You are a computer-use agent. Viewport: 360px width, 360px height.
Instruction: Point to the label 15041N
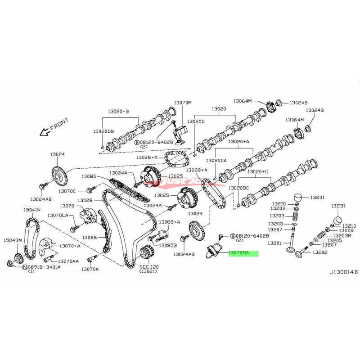tap(32, 210)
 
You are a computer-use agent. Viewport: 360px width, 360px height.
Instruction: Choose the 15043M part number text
tap(13, 240)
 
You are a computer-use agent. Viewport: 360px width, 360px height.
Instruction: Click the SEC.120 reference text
tap(148, 266)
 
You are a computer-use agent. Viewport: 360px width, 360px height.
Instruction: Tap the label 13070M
tap(183, 103)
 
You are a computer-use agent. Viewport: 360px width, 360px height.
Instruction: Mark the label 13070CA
tap(58, 216)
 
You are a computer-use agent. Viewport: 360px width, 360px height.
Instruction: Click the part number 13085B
tap(170, 246)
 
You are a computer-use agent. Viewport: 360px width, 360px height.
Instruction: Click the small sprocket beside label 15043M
tap(19, 258)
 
